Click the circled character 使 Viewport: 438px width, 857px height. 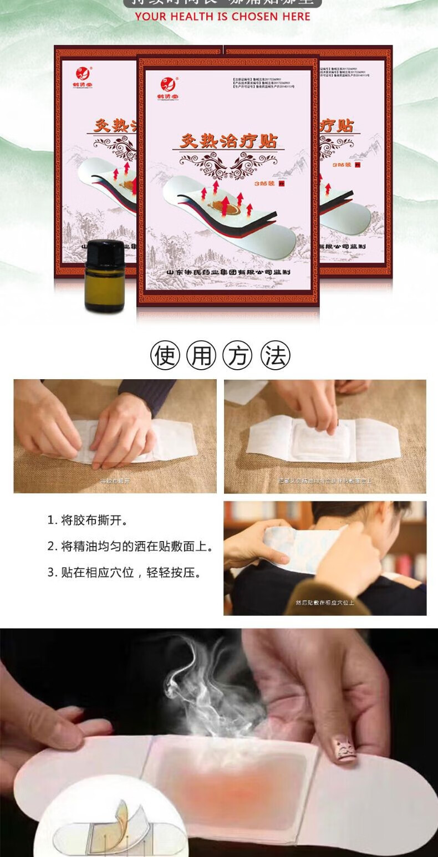point(165,356)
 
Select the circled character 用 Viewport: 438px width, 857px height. point(201,356)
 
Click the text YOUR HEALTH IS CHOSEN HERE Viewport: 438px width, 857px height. point(222,17)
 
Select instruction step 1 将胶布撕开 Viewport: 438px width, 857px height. point(87,521)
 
